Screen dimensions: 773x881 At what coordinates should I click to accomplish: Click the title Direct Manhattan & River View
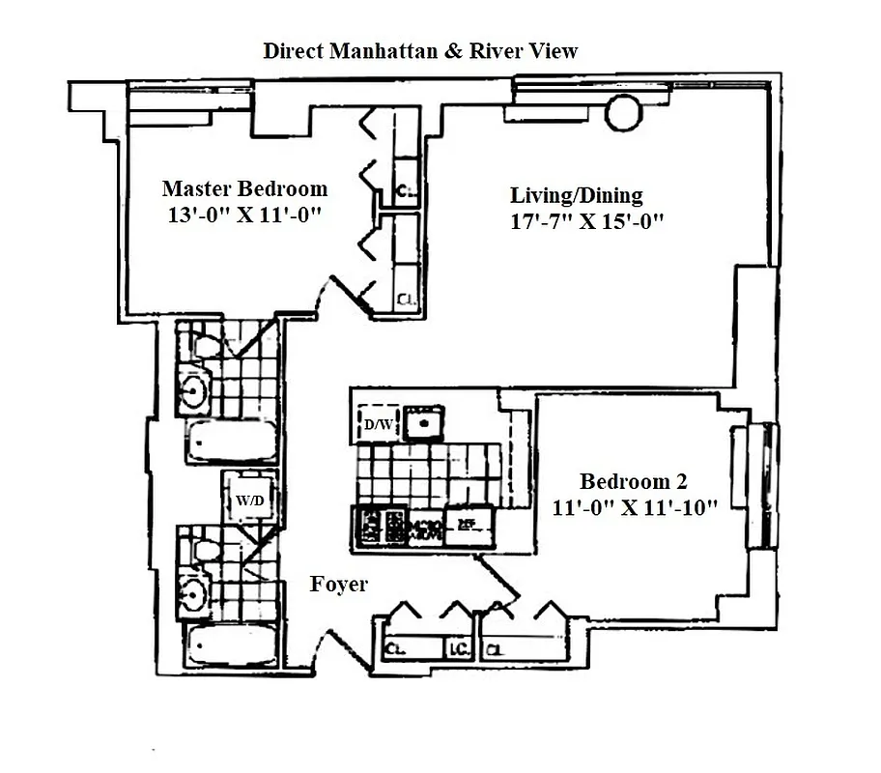tap(420, 50)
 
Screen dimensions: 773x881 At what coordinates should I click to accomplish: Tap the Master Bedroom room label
tap(244, 188)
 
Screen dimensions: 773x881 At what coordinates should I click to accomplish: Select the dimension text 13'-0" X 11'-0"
tap(243, 215)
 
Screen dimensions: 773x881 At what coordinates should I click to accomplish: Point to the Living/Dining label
tap(577, 196)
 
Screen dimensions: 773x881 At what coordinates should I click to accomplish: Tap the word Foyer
tap(338, 585)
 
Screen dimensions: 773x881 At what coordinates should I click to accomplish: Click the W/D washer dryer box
tap(248, 500)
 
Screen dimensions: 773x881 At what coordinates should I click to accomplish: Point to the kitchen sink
tap(423, 422)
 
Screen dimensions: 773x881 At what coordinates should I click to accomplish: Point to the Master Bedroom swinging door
tap(345, 292)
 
